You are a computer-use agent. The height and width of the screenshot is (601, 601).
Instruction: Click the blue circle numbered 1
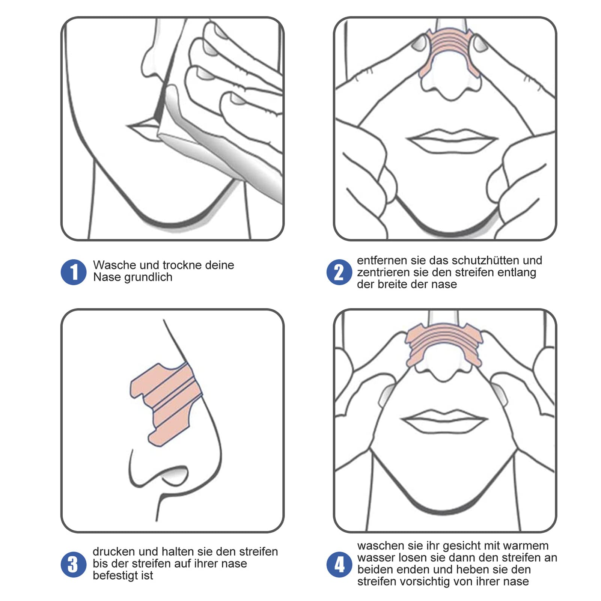point(74,272)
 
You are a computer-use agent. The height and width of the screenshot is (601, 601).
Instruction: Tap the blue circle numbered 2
point(339,272)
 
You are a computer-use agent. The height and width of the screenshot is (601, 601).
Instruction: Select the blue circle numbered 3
point(74,564)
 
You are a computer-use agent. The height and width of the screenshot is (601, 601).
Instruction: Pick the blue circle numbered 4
point(339,564)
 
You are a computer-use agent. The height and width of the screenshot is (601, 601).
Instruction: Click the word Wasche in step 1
point(115,265)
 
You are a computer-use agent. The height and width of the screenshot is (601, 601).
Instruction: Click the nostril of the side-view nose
point(173,474)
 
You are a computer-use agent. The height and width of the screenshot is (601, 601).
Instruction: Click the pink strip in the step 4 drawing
point(444,336)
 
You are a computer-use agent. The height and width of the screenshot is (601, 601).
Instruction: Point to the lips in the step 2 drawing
point(452,142)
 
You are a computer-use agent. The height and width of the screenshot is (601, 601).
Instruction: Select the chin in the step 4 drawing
point(444,503)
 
